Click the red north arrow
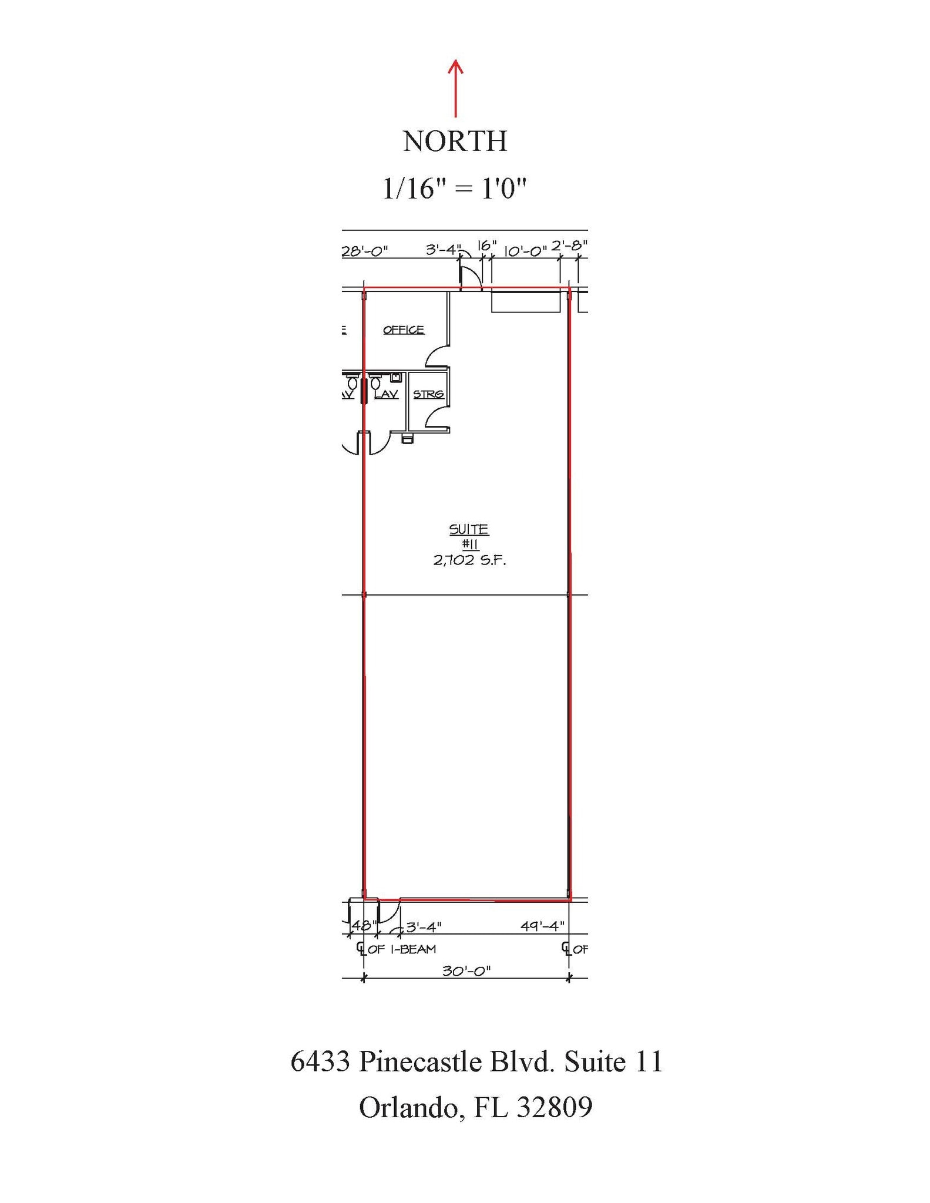pyautogui.click(x=455, y=88)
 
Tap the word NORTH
pyautogui.click(x=455, y=142)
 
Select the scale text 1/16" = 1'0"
pyautogui.click(x=454, y=189)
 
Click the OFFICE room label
pyautogui.click(x=404, y=330)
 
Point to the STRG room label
pyautogui.click(x=428, y=394)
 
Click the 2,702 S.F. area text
pyautogui.click(x=469, y=560)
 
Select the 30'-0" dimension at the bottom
pyautogui.click(x=466, y=971)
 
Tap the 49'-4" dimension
pyautogui.click(x=542, y=926)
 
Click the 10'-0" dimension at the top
pyautogui.click(x=525, y=251)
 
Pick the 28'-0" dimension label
pyautogui.click(x=365, y=251)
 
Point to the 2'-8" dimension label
pyautogui.click(x=569, y=244)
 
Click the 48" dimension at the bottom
pyautogui.click(x=364, y=925)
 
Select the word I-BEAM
pyautogui.click(x=414, y=949)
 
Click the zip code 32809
pyautogui.click(x=555, y=1107)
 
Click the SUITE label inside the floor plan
pyautogui.click(x=469, y=529)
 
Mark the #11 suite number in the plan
pyautogui.click(x=470, y=545)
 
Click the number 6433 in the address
pyautogui.click(x=320, y=1062)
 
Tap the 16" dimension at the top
pyautogui.click(x=487, y=246)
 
